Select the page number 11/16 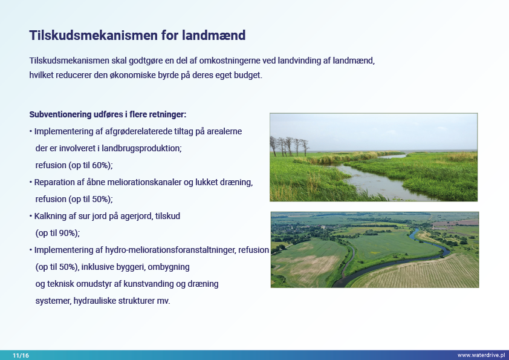coord(21,355)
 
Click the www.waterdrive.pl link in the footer coord(481,355)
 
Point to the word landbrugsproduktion coord(141,148)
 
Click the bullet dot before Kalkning coord(31,216)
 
